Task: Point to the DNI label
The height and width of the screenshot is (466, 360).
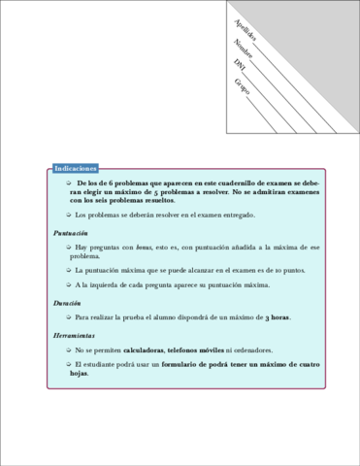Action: [x=240, y=66]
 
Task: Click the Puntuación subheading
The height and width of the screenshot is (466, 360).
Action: [x=71, y=234]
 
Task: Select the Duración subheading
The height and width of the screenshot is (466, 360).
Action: [x=67, y=303]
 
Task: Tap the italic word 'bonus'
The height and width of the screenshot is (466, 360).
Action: [x=146, y=250]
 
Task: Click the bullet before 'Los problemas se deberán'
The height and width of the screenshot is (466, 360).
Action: [x=68, y=216]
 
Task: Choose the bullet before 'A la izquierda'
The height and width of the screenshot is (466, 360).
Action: [x=68, y=285]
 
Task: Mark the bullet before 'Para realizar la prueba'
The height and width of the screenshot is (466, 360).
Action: [x=68, y=317]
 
